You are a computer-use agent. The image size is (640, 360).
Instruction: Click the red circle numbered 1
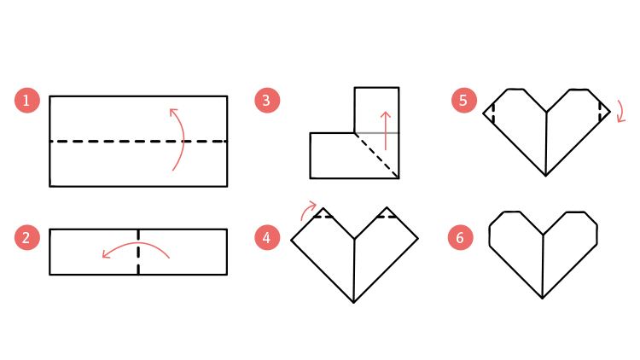click(x=27, y=101)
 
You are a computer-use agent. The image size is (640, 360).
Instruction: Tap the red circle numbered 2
click(x=27, y=237)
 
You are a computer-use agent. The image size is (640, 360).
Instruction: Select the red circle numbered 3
click(x=267, y=101)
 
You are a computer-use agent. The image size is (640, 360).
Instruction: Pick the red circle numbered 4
click(x=267, y=237)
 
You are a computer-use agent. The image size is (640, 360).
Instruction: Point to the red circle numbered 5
click(x=464, y=101)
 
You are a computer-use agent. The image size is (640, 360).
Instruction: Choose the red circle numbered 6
click(x=461, y=237)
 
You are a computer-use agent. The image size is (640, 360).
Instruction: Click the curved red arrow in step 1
click(x=183, y=139)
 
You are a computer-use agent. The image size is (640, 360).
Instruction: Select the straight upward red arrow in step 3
click(x=386, y=131)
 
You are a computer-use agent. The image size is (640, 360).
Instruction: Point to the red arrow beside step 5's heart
click(x=622, y=111)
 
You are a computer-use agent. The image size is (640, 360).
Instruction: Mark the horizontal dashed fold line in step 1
click(x=138, y=142)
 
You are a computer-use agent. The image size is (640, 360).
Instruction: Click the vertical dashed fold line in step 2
click(x=138, y=252)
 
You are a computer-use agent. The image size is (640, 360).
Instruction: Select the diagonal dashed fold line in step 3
click(x=376, y=155)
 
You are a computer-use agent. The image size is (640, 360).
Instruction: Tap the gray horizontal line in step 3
click(x=376, y=133)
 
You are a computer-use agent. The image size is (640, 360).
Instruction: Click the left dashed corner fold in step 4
click(x=323, y=217)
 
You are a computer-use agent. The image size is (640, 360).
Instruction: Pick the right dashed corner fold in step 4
click(x=387, y=217)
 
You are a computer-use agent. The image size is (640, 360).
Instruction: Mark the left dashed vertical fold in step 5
click(x=494, y=113)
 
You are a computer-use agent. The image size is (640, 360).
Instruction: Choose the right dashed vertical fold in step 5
click(x=600, y=112)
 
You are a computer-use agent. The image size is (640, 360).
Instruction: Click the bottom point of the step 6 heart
click(x=542, y=299)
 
